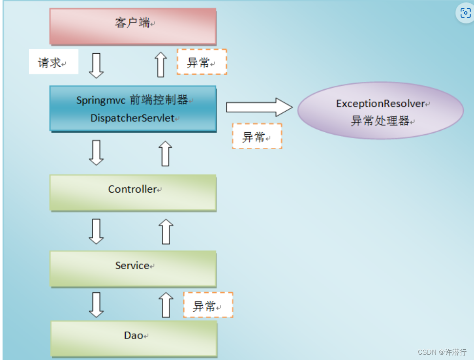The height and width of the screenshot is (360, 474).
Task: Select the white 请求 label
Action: coord(53,62)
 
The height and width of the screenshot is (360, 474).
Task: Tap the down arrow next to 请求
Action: coord(96,65)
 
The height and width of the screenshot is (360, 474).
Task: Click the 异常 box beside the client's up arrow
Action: coord(201,62)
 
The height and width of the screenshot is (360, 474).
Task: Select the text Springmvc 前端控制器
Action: coord(132,100)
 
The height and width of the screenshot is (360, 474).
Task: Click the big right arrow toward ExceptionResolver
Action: coord(258,107)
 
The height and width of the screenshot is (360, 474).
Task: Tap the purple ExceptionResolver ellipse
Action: coord(380,112)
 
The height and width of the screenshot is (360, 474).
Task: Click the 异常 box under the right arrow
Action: coord(257,136)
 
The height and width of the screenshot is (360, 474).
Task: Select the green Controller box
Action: coord(133,193)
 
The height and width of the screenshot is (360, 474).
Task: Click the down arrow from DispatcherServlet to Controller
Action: coord(96,153)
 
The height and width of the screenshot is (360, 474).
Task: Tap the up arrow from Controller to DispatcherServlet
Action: coord(166,153)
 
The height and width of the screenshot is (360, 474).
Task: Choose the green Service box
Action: coord(133,268)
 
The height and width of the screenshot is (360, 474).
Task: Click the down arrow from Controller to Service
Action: coord(96,231)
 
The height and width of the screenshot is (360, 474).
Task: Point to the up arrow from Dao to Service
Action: coord(166,305)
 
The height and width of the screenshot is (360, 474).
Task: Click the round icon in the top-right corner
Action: coord(464,13)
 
